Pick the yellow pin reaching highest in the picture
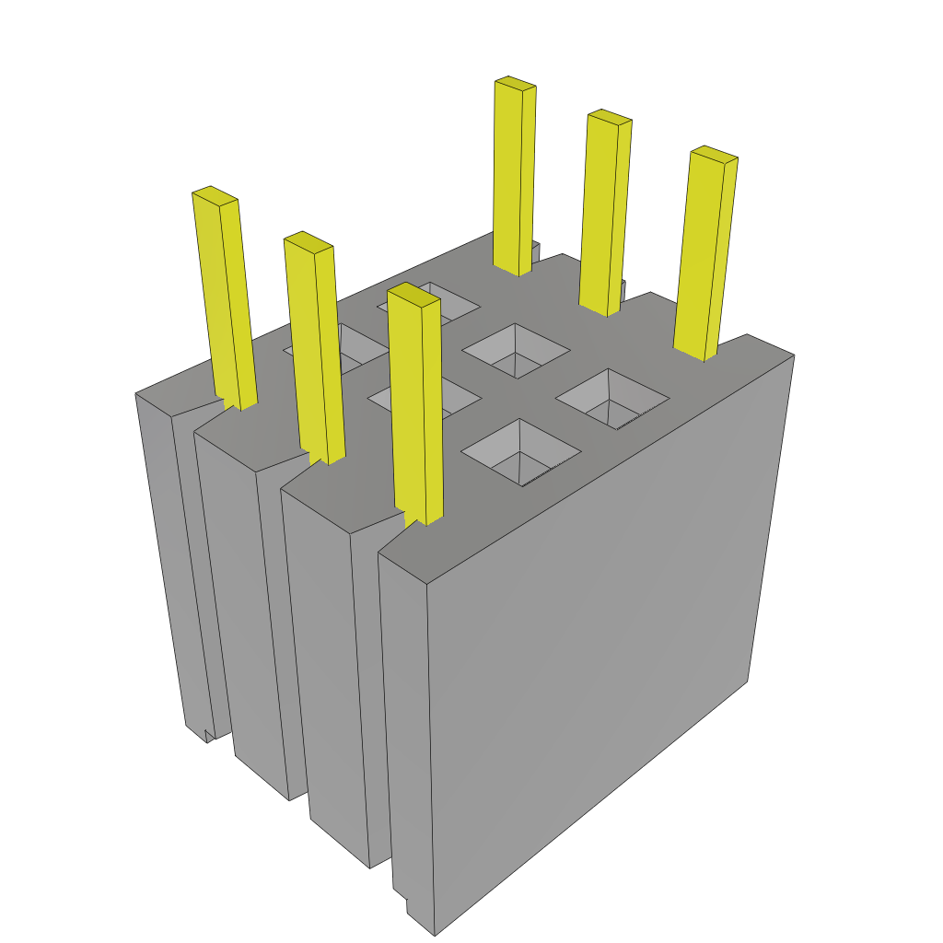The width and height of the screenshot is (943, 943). click(x=514, y=175)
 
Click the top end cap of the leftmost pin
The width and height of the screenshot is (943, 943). click(x=215, y=194)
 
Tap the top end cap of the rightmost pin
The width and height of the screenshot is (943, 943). click(x=714, y=155)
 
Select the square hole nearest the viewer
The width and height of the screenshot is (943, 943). click(x=520, y=451)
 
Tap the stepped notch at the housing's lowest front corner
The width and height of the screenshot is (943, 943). click(x=402, y=901)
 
